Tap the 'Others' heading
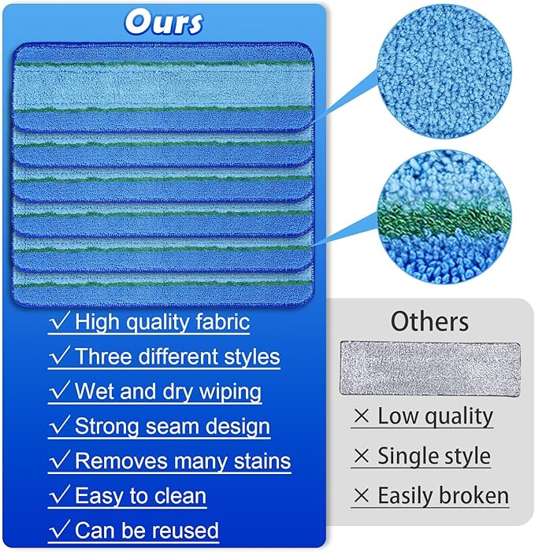pos(429,321)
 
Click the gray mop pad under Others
pos(430,368)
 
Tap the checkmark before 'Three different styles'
pos(60,356)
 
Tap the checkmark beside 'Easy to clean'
pos(60,496)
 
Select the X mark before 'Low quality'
pos(362,417)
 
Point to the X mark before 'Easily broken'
pos(362,496)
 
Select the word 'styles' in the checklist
pos(248,357)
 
